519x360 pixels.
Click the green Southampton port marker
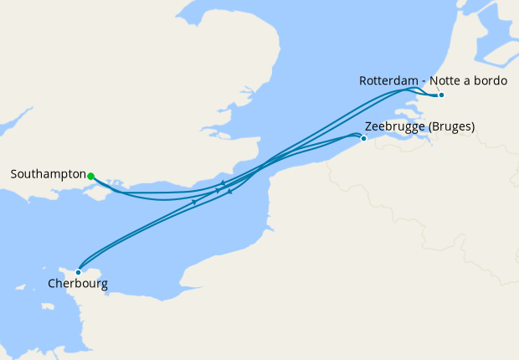coord(90,176)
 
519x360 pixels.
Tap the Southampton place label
coord(49,175)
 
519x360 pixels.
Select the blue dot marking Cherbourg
coord(78,271)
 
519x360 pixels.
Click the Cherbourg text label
coord(77,285)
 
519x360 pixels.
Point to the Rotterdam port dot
coord(441,95)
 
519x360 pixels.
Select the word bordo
coord(494,81)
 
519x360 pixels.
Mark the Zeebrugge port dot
coord(363,138)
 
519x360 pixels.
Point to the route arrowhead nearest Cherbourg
coord(194,202)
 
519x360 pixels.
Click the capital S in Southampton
coord(14,175)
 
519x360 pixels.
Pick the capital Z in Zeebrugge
coord(368,127)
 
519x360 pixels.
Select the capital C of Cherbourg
coord(52,285)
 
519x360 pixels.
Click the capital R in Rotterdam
coord(363,81)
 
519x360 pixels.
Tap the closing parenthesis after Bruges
coord(473,127)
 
